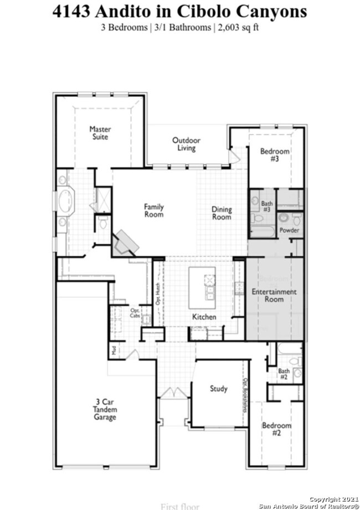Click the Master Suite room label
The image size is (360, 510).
pyautogui.click(x=100, y=133)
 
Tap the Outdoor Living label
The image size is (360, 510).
pyautogui.click(x=186, y=144)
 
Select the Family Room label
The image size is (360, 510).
pyautogui.click(x=154, y=210)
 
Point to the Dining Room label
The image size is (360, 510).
pyautogui.click(x=222, y=213)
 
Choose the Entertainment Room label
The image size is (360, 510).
pyautogui.click(x=274, y=295)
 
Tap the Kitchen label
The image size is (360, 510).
pyautogui.click(x=204, y=317)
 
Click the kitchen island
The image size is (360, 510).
pyautogui.click(x=202, y=287)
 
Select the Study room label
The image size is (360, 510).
pyautogui.click(x=218, y=389)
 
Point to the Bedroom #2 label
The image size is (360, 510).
pyautogui.click(x=276, y=429)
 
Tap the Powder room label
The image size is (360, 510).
pyautogui.click(x=289, y=230)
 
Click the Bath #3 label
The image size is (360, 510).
pyautogui.click(x=267, y=207)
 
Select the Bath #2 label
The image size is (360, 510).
pyautogui.click(x=284, y=374)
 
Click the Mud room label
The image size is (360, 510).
pyautogui.click(x=114, y=350)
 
